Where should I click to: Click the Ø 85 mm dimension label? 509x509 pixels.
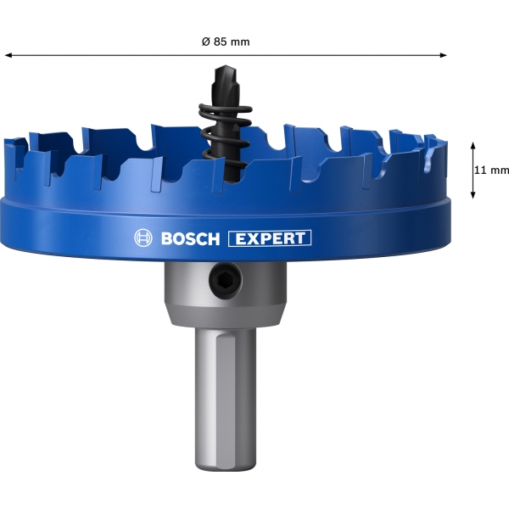226,42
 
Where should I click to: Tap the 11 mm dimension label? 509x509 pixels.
491,170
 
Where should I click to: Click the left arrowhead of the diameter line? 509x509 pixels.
8,55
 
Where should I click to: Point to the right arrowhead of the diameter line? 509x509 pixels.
443,55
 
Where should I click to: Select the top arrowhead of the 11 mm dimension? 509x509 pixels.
473,146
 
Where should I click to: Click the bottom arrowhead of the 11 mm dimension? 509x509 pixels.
473,194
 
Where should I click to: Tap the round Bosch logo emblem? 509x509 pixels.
143,238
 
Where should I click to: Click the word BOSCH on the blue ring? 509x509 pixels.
190,238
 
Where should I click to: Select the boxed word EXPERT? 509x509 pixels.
270,238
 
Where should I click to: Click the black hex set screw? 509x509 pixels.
226,279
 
